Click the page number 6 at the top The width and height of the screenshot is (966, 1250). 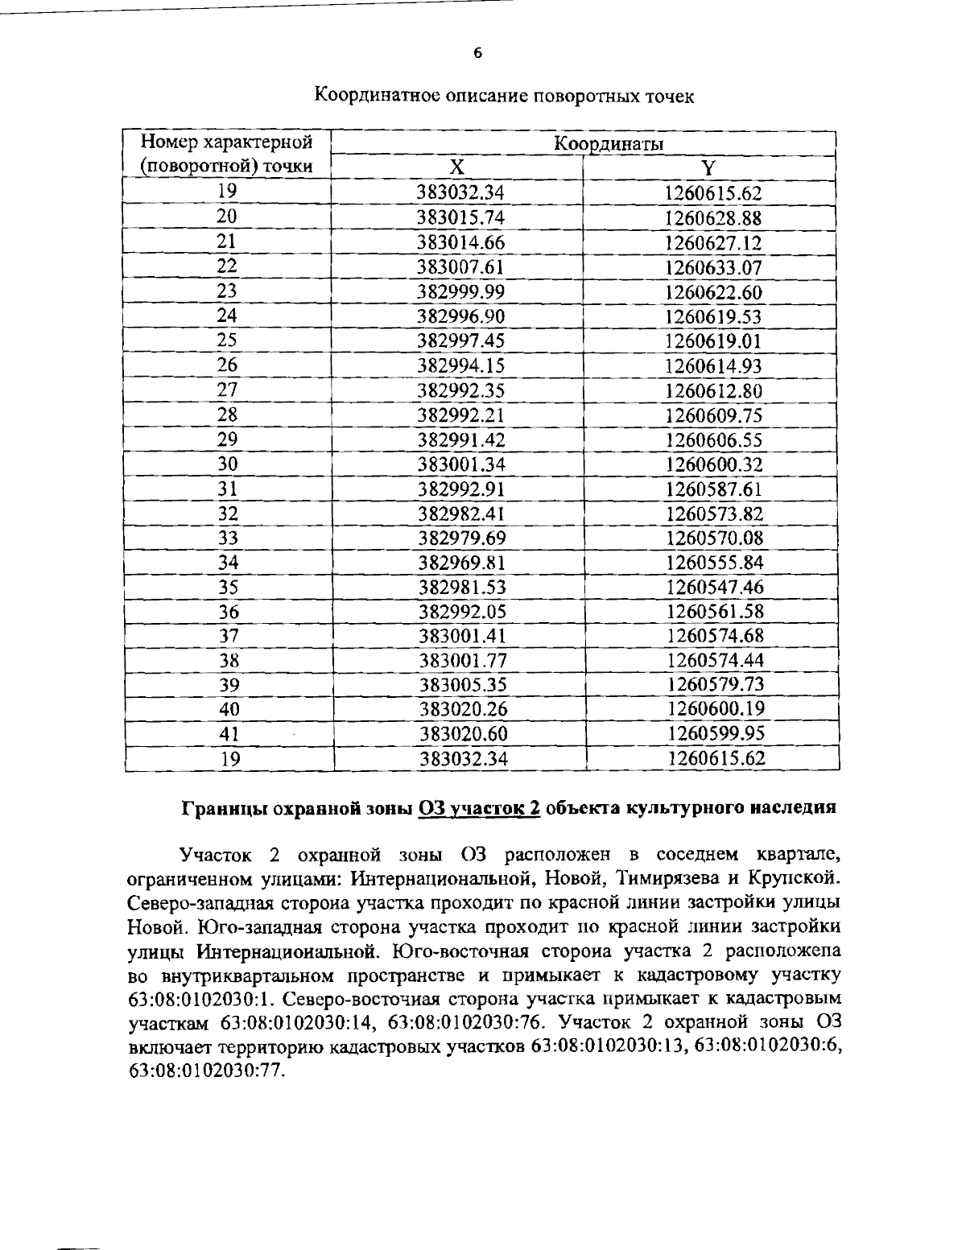[x=477, y=54]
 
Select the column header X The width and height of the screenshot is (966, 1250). [x=456, y=167]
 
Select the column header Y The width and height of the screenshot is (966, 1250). [x=708, y=168]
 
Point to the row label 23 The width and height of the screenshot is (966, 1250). [x=228, y=291]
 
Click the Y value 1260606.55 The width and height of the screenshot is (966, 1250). [x=714, y=440]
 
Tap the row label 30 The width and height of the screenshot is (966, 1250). [x=229, y=464]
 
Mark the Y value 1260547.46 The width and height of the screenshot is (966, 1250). [x=715, y=587]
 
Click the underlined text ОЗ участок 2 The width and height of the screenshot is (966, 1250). [x=479, y=807]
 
